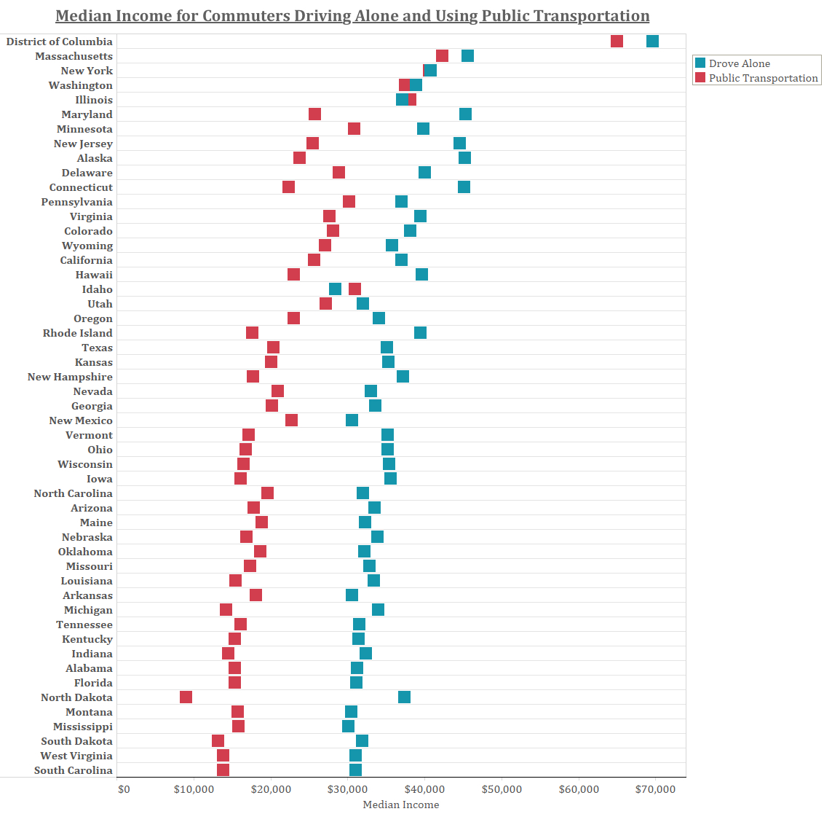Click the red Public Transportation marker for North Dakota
(186, 697)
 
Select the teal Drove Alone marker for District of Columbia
(652, 42)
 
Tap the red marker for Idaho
(354, 289)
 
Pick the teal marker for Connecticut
(464, 187)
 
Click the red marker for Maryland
(314, 114)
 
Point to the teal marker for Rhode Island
(420, 333)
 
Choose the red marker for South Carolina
(223, 770)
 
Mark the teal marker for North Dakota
(404, 697)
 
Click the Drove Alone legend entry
(739, 63)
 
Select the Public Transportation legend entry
(763, 78)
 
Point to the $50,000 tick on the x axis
(502, 788)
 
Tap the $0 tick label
(124, 788)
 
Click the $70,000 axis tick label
(656, 788)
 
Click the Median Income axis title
(401, 805)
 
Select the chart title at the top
(352, 16)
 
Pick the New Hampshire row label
(70, 377)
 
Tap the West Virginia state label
(76, 756)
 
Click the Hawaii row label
(94, 275)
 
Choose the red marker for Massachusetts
(442, 56)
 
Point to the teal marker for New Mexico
(352, 420)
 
